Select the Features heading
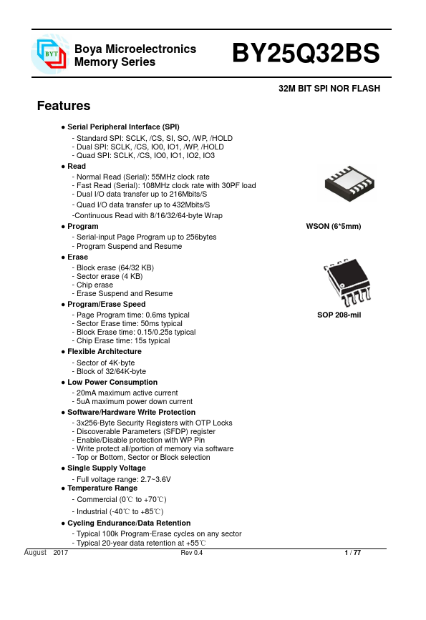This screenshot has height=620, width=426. (64, 107)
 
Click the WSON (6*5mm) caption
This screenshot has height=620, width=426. (334, 227)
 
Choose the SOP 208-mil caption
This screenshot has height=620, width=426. (339, 315)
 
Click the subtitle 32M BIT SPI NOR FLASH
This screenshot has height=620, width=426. (329, 89)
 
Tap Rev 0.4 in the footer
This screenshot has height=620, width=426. (192, 553)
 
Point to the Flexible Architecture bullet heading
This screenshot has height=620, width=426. (105, 352)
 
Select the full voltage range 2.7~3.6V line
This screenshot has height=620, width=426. (121, 478)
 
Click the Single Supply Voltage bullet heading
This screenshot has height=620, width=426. (106, 468)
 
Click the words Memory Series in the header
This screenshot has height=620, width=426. (115, 62)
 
